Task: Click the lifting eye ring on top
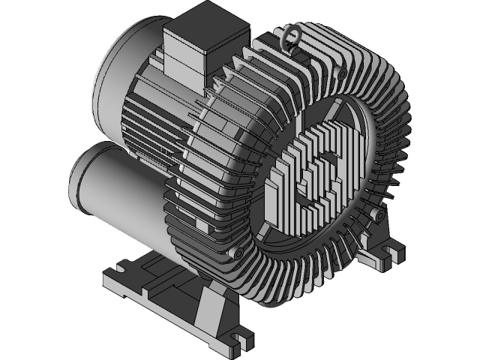(x=290, y=36)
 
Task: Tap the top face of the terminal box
(x=205, y=20)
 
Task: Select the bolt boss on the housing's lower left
(x=239, y=255)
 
